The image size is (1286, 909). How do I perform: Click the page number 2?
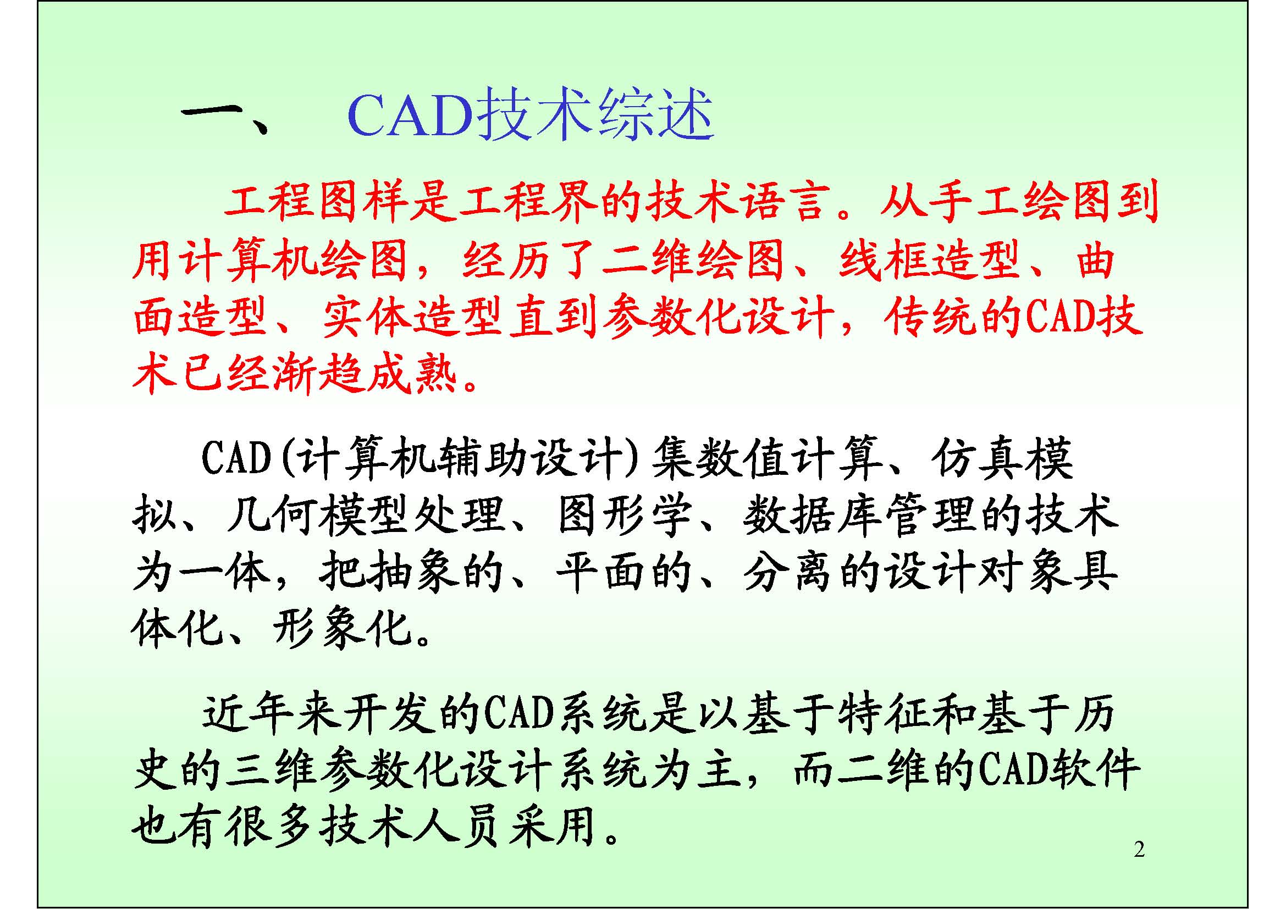tap(1139, 850)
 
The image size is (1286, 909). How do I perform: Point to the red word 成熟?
tap(412, 373)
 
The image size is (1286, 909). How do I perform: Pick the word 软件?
tap(1095, 771)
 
